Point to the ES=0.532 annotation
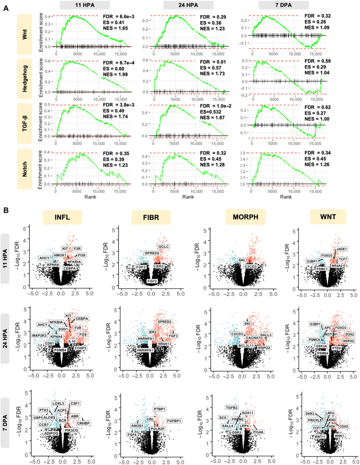tap(215, 112)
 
